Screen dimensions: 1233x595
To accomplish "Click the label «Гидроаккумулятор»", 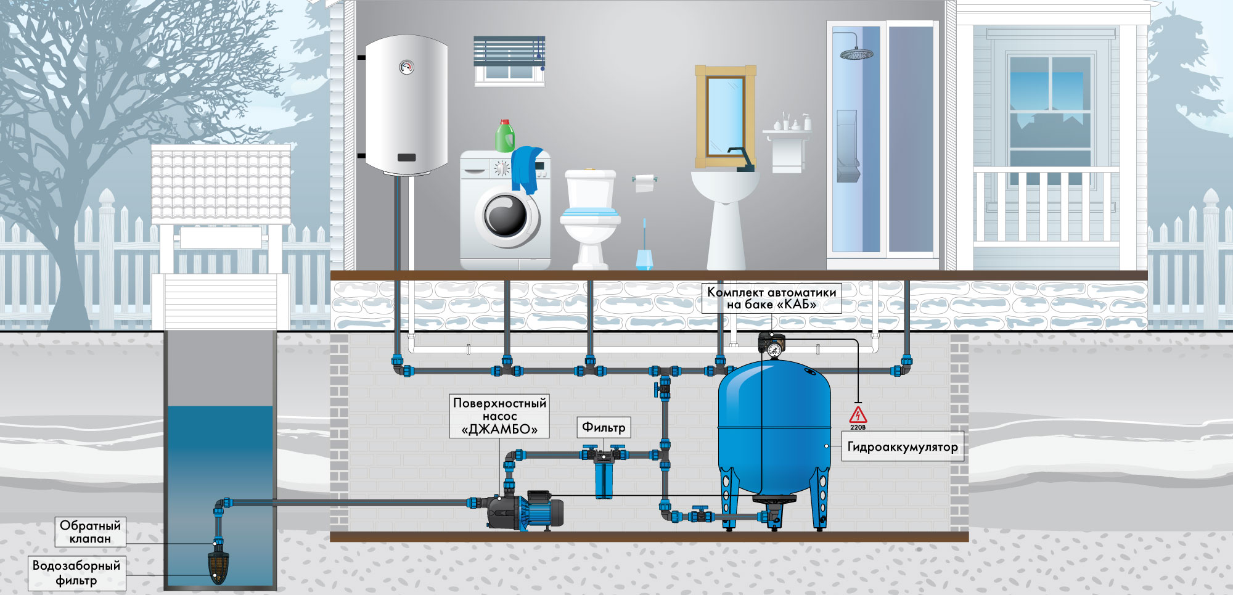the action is click(903, 446).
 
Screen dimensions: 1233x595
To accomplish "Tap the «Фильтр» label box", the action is click(604, 427).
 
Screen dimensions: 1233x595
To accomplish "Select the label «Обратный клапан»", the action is click(91, 531).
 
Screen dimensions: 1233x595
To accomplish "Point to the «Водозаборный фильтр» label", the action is click(77, 573).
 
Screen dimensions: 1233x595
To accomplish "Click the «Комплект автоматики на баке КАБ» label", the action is click(771, 298).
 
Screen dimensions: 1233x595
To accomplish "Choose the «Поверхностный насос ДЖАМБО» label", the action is click(499, 416).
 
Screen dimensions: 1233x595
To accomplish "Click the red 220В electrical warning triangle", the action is click(858, 415).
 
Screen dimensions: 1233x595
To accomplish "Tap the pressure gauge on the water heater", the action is click(406, 67).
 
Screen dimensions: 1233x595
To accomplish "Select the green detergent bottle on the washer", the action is click(505, 136).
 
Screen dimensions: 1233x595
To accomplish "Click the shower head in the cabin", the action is click(856, 54).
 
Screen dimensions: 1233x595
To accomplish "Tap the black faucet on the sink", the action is click(740, 159).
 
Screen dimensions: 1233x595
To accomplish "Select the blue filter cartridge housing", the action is click(604, 479).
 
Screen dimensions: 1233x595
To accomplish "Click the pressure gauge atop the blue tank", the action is click(774, 350).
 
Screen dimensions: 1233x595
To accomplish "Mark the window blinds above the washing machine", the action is click(509, 51).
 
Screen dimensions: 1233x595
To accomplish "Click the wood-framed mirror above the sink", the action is click(726, 117).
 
